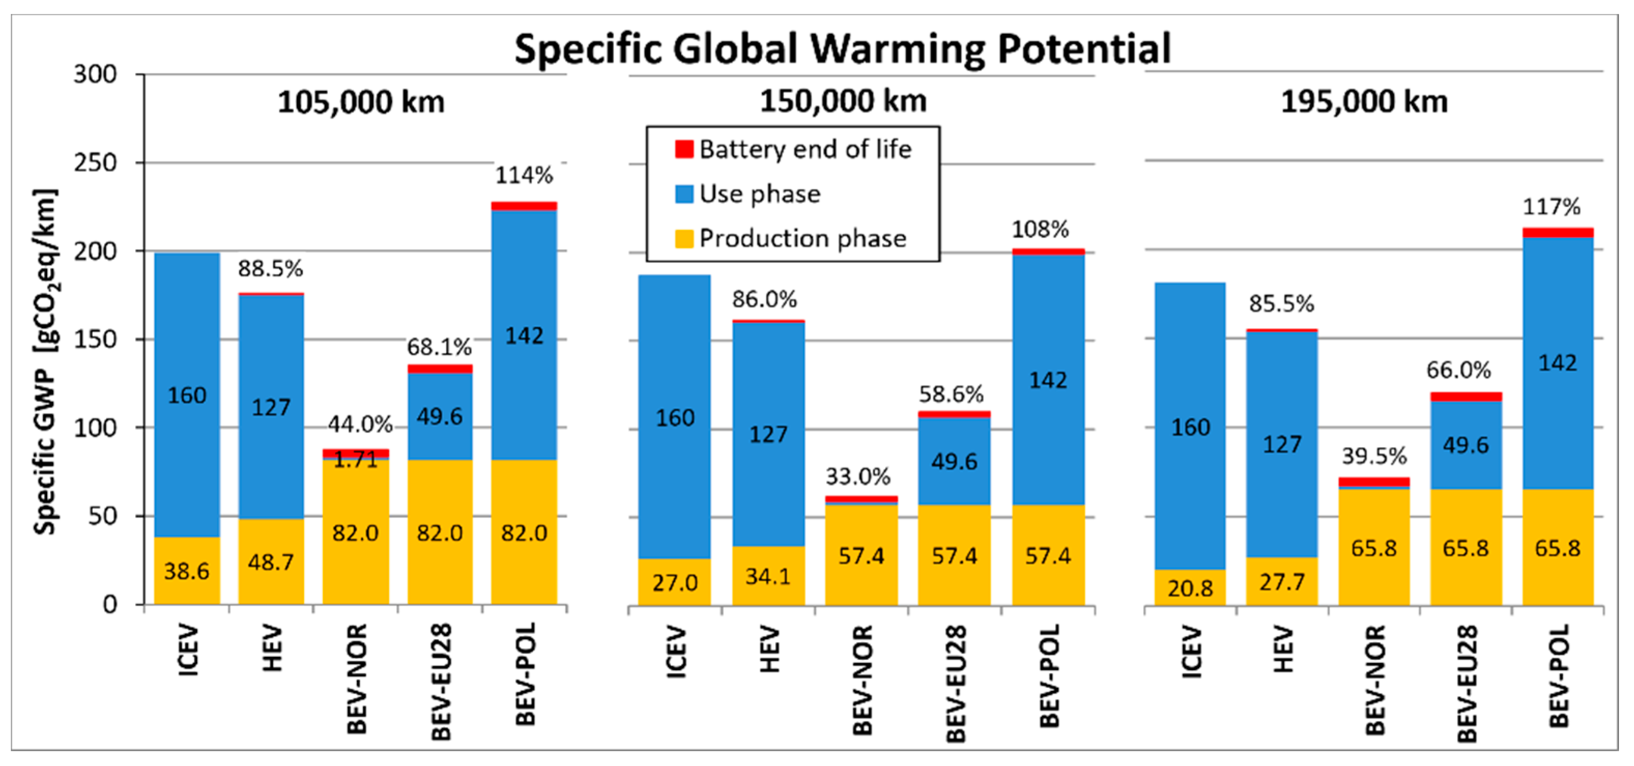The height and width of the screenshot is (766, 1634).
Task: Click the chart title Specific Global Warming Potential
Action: (x=842, y=49)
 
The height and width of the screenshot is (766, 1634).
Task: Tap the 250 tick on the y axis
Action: (x=95, y=163)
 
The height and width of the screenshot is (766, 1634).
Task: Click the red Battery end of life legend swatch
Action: (x=684, y=149)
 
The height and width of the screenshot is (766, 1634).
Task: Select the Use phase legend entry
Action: (x=759, y=194)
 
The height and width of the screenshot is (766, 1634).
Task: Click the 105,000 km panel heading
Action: (x=361, y=102)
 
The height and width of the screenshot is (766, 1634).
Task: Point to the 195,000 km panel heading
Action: (x=1364, y=102)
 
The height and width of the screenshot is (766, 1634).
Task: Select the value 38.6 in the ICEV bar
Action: (x=186, y=571)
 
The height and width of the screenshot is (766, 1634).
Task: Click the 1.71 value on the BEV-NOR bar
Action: (x=356, y=459)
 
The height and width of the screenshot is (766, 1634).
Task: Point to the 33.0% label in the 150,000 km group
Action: (x=858, y=476)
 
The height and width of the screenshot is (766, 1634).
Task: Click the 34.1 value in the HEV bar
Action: (x=768, y=576)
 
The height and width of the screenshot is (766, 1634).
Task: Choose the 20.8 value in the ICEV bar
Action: (x=1190, y=588)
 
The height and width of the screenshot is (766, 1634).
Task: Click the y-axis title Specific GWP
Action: (x=45, y=361)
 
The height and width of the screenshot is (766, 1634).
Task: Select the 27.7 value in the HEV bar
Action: (x=1281, y=581)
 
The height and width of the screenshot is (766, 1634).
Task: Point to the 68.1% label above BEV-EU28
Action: (x=439, y=347)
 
